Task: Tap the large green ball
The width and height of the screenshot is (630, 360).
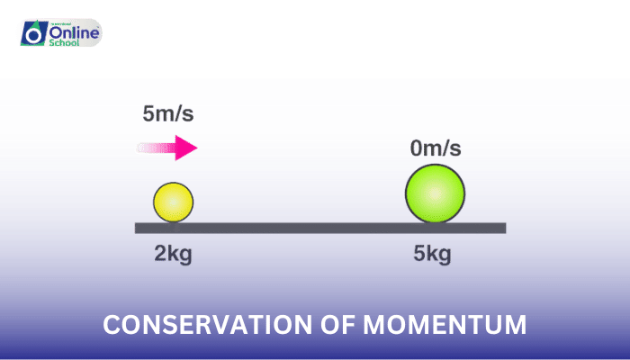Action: (435, 193)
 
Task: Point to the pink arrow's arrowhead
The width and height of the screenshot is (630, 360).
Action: (186, 148)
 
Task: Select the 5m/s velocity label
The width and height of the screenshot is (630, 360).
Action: (168, 114)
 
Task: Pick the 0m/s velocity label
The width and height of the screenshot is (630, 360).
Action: (436, 148)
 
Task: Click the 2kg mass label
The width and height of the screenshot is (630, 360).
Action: (173, 254)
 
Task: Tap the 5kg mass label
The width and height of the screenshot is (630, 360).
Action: (432, 254)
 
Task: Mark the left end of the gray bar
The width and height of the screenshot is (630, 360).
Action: (137, 228)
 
